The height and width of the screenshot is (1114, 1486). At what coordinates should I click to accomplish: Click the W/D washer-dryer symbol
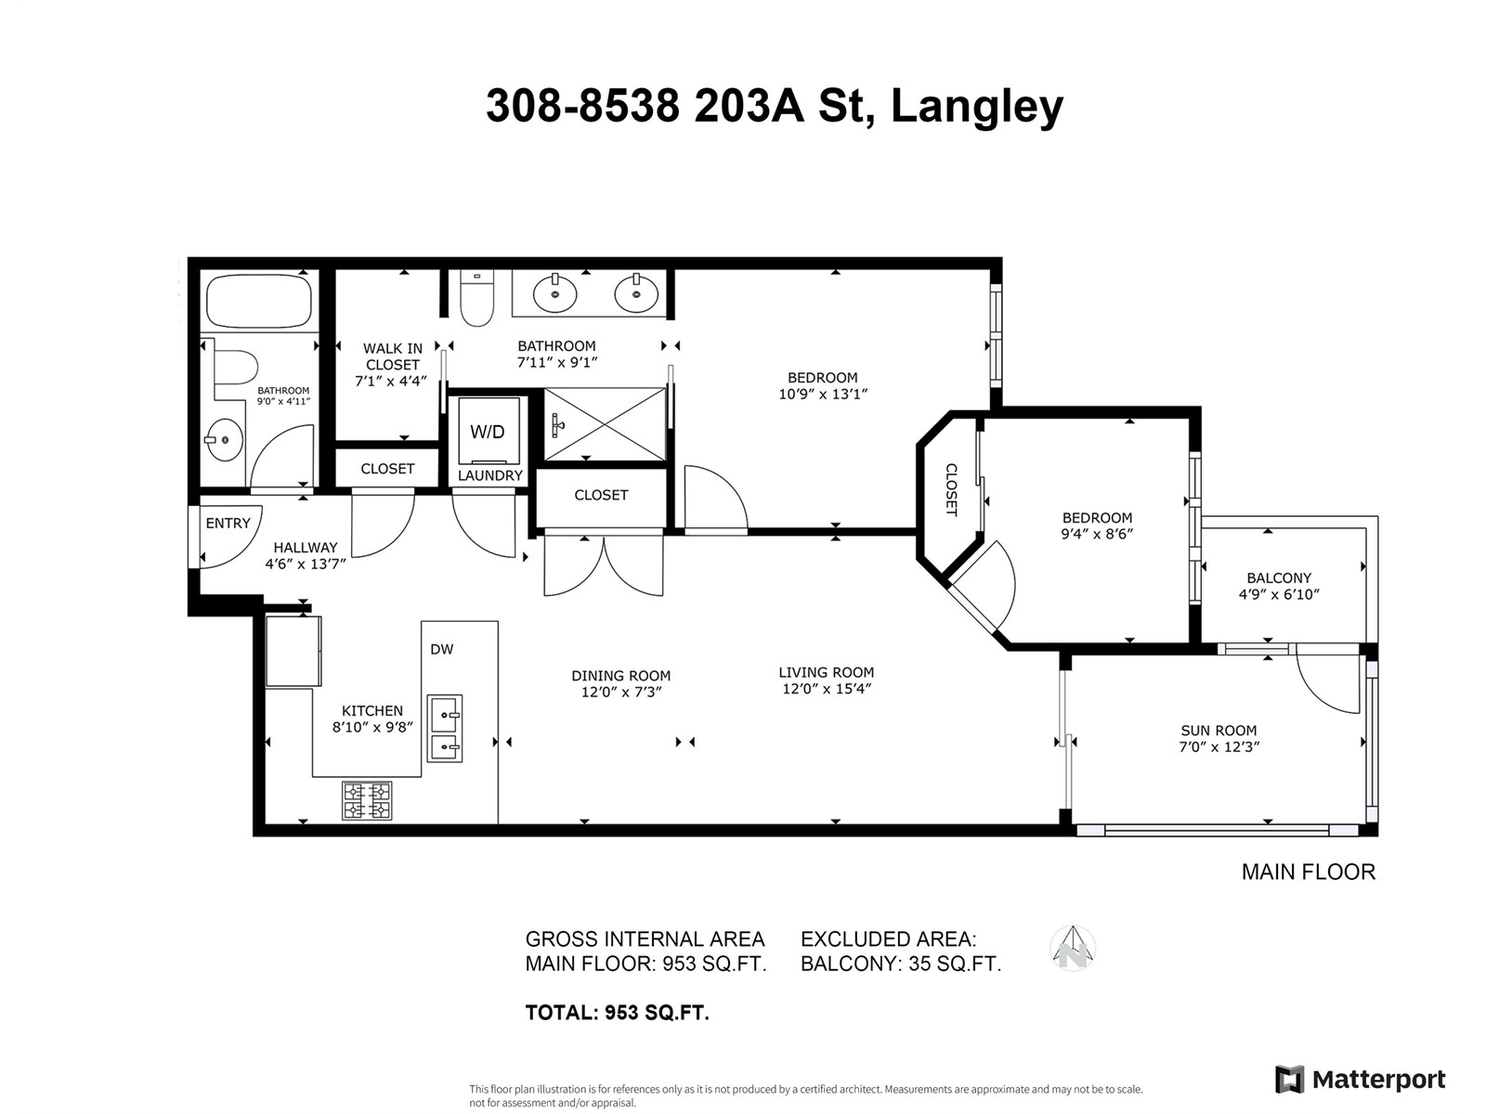pos(488,432)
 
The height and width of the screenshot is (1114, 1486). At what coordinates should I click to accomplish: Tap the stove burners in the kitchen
pos(367,800)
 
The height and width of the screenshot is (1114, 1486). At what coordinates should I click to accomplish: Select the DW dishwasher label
pos(442,649)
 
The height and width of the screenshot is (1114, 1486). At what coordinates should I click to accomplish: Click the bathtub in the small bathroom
pos(259,301)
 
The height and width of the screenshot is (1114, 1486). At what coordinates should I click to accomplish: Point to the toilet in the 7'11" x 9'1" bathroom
pos(476,299)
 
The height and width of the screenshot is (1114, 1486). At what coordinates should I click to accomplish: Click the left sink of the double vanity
pos(555,293)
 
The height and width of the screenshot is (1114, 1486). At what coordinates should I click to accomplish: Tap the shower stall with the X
pos(605,424)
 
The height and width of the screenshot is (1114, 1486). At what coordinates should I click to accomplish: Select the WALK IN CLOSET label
pos(392,356)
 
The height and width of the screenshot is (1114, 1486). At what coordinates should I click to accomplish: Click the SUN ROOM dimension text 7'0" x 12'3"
pos(1219,746)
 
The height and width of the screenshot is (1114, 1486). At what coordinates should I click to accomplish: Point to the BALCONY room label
pos(1279,577)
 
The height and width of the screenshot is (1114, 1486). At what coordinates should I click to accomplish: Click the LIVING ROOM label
pos(826,672)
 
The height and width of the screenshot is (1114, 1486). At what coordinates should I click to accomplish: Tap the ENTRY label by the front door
pos(228,523)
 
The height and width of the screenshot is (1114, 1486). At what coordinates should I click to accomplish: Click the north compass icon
pos(1073,949)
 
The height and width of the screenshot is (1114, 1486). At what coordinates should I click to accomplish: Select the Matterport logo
pos(1361,1080)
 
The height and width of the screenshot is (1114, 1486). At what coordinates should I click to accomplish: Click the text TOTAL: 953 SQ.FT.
pos(617,1013)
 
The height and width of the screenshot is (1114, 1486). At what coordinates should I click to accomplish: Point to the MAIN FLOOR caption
pos(1308,872)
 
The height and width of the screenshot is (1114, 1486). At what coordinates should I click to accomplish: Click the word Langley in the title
pos(976,106)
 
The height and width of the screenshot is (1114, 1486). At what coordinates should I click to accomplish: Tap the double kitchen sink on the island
pos(444,729)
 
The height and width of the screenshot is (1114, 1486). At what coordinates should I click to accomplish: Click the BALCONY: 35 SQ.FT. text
pos(900,964)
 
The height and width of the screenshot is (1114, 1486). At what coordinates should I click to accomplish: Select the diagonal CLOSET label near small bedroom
pos(951,489)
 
